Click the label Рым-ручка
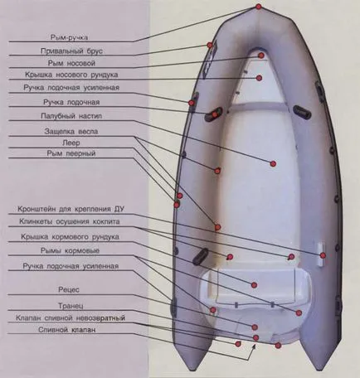(x=69, y=37)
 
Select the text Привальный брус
(x=71, y=51)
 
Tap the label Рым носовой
(x=71, y=63)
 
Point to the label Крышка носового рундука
(x=71, y=75)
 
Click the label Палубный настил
(x=71, y=116)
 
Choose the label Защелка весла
(x=71, y=131)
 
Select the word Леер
(x=71, y=143)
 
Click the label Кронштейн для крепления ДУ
(x=71, y=209)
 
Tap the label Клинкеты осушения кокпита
(x=70, y=221)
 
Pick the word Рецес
(x=69, y=289)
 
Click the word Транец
(x=71, y=306)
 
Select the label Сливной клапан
(x=67, y=330)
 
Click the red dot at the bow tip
(x=259, y=7)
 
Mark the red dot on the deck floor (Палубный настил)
(x=273, y=163)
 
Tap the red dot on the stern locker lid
(x=254, y=285)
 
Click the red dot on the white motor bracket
(x=323, y=255)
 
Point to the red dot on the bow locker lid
(x=259, y=78)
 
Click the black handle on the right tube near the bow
(x=302, y=112)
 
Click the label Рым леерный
(x=71, y=153)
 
